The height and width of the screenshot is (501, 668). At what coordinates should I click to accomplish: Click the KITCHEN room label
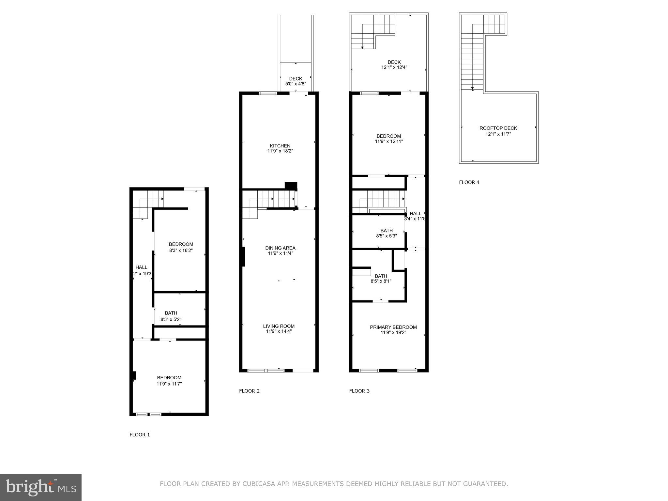click(x=280, y=146)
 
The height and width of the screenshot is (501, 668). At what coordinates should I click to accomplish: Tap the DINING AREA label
click(x=280, y=248)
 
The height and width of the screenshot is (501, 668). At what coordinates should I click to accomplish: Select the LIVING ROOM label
click(x=279, y=326)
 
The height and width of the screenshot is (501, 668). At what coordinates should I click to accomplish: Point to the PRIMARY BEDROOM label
click(x=393, y=327)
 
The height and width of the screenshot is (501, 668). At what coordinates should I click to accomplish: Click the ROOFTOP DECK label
click(x=498, y=128)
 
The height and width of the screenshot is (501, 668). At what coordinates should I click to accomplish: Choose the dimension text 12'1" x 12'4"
click(x=394, y=67)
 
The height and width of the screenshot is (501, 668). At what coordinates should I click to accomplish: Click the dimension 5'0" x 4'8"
click(x=296, y=83)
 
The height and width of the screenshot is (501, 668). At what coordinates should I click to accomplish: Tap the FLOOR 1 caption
click(x=140, y=434)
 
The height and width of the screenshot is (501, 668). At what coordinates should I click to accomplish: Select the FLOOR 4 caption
click(x=469, y=182)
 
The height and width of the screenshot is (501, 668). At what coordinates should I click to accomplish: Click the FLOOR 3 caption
click(x=359, y=391)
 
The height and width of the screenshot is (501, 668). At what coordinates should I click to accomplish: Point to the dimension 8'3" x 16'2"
click(x=181, y=250)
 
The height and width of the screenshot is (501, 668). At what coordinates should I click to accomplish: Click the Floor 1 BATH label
click(x=171, y=313)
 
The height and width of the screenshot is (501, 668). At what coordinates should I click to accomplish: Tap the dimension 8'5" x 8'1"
click(x=381, y=281)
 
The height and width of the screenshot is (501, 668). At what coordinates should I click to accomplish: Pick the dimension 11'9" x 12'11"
click(x=389, y=141)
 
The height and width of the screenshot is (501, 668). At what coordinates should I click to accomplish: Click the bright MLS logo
click(x=40, y=487)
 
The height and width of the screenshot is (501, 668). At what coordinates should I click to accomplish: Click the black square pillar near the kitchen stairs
click(x=291, y=186)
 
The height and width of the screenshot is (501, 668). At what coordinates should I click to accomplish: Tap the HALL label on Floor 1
click(x=141, y=267)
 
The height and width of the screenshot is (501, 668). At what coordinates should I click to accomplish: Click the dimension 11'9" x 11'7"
click(x=169, y=384)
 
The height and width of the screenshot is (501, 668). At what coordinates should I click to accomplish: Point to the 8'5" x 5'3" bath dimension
click(x=386, y=235)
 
